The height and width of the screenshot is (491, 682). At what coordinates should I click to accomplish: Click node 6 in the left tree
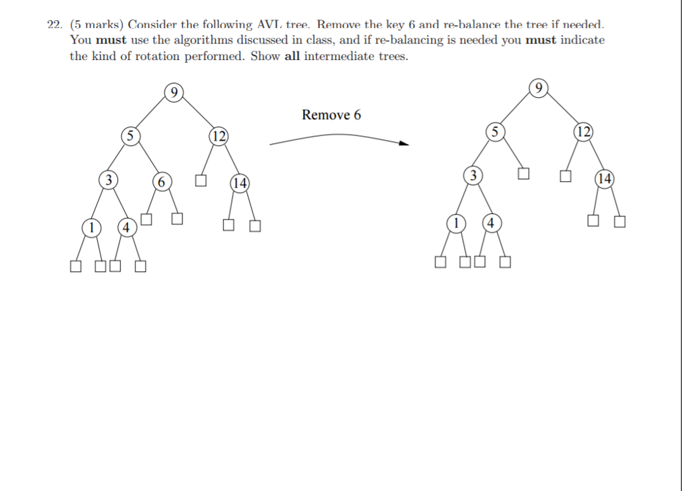click(162, 182)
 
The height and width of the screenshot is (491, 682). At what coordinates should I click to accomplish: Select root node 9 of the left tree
click(174, 93)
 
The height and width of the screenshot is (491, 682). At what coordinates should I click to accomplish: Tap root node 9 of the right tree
click(538, 89)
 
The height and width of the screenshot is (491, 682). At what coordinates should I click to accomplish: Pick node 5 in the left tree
click(131, 136)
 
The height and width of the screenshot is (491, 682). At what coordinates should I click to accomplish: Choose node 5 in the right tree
click(496, 132)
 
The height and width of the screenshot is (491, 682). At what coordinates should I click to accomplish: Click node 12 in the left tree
click(218, 136)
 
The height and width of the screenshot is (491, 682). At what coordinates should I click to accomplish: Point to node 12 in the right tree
click(583, 132)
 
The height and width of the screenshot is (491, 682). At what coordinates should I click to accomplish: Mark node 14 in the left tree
click(240, 183)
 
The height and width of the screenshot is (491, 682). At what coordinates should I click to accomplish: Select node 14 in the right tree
click(605, 179)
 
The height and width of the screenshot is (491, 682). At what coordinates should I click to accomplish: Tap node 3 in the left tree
click(109, 180)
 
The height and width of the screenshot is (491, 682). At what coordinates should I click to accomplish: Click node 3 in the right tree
click(474, 175)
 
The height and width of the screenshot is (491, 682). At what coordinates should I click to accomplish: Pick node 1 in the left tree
click(91, 227)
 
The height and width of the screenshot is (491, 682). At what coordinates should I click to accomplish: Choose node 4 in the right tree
click(491, 223)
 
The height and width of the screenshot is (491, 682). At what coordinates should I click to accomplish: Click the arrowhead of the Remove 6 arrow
click(405, 143)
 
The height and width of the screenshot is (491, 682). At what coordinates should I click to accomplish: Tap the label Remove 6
click(332, 115)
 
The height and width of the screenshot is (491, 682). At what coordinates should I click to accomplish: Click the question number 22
click(55, 25)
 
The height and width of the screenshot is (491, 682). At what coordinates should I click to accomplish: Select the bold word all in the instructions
click(292, 56)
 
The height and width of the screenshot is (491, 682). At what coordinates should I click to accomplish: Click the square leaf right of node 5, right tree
click(523, 173)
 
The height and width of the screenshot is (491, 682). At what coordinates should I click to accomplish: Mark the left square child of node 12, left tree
click(200, 181)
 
